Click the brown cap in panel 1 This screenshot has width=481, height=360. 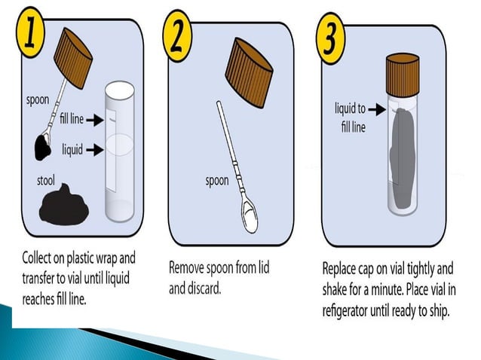73,58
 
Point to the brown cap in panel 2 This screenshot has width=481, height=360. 249,72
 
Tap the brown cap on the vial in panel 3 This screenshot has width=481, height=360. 403,75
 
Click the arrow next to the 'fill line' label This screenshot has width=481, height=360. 95,120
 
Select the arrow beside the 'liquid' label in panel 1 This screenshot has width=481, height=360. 95,150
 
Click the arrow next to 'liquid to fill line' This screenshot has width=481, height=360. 377,109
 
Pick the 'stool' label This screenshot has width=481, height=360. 46,181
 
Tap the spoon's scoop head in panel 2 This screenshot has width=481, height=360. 250,216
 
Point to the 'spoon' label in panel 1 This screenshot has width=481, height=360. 38,100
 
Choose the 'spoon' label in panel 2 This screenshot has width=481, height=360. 217,181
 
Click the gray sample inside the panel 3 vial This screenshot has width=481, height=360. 403,159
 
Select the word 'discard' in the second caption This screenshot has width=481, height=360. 204,288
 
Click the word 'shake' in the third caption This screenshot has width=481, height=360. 335,289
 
